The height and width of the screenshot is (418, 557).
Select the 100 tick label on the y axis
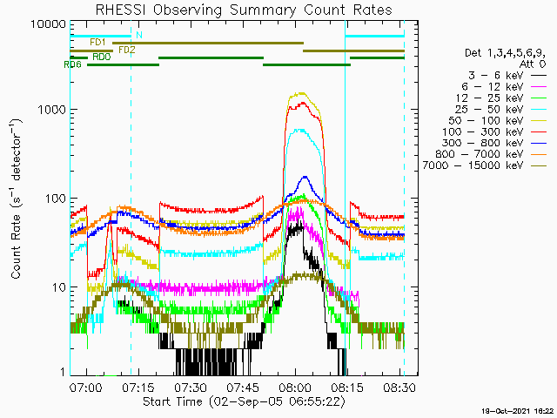(55, 199)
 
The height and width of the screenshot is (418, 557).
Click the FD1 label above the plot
(97, 42)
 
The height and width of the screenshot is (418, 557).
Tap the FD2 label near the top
(126, 50)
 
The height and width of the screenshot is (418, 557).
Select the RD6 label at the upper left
(72, 64)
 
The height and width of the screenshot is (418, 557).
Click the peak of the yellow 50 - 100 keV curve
(301, 92)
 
